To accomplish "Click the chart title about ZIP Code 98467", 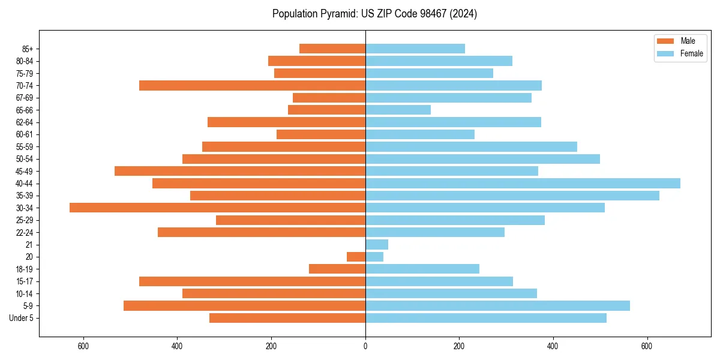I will tap(374, 14).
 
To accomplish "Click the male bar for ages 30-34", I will tap(217, 208).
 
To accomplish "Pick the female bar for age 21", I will tap(377, 244).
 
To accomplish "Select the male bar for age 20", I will tap(356, 257).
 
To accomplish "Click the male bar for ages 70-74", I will tap(252, 85).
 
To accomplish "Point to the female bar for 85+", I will tap(415, 49).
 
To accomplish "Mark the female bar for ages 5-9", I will tap(497, 305).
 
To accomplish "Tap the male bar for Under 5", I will tap(287, 318).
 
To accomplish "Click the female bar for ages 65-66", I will tap(398, 110).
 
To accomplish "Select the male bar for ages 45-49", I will tap(240, 171).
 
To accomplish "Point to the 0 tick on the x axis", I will tap(365, 346).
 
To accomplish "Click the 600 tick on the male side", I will tap(83, 346).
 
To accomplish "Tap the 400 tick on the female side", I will tap(553, 346).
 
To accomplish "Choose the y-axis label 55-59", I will tap(25, 146).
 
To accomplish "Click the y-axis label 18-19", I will tap(25, 269).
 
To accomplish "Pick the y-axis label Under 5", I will tap(22, 318).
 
